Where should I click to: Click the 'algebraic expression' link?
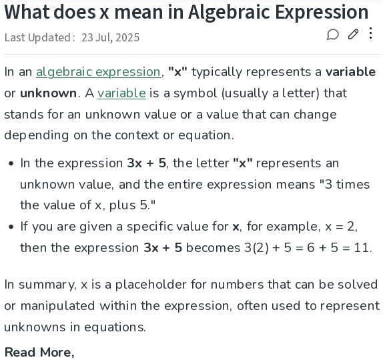99,72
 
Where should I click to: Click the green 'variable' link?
121,93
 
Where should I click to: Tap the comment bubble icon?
333,35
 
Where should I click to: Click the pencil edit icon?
353,34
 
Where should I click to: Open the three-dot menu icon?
370,33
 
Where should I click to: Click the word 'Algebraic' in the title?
229,12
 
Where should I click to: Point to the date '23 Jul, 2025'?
110,38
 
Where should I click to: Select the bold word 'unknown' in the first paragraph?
48,93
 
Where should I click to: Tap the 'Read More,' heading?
39,352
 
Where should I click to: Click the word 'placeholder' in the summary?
151,285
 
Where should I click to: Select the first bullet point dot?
11,163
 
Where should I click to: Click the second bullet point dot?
11,227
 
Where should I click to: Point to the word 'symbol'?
195,93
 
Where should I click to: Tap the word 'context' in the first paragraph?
137,135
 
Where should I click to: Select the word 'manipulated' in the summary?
57,306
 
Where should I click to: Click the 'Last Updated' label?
37,38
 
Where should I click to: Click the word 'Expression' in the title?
322,12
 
